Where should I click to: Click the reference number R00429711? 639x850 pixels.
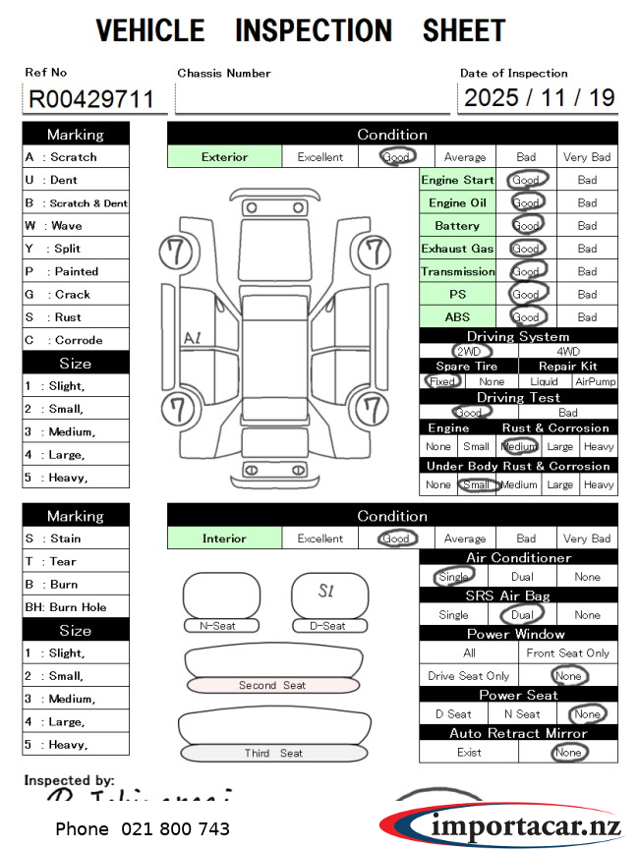click(x=90, y=99)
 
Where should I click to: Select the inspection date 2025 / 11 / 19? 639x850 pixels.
click(x=539, y=97)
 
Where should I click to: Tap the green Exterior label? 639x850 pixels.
click(x=224, y=156)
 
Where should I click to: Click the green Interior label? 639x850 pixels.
click(x=224, y=538)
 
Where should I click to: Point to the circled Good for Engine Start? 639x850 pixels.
click(x=526, y=180)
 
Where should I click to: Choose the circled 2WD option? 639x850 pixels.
click(x=469, y=351)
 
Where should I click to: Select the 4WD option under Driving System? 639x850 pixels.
click(x=568, y=351)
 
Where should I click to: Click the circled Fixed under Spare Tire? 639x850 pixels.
click(x=442, y=381)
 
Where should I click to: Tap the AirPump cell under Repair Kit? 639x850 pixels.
click(x=596, y=381)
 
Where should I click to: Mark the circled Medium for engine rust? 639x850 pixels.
click(x=518, y=446)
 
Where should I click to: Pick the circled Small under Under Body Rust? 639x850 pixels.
click(x=477, y=484)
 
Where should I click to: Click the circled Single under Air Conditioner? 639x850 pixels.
click(x=453, y=577)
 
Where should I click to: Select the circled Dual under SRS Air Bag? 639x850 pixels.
click(x=521, y=615)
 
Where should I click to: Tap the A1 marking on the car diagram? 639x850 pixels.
click(x=192, y=338)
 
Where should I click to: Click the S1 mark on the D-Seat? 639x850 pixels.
click(x=327, y=591)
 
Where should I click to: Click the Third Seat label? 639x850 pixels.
click(x=273, y=754)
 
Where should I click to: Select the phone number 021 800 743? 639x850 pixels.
click(x=143, y=829)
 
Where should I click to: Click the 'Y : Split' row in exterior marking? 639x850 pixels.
click(x=76, y=249)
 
